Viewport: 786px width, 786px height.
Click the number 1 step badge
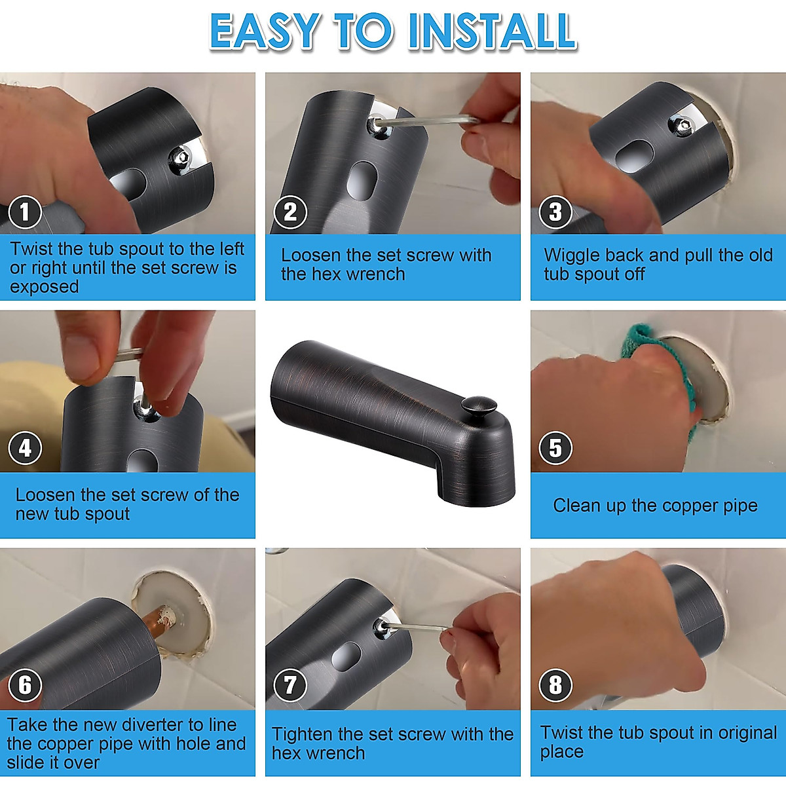pyautogui.click(x=25, y=212)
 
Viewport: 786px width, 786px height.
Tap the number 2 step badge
pyautogui.click(x=290, y=212)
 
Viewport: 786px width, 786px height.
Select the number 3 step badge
pyautogui.click(x=555, y=212)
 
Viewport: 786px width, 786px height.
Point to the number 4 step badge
pyautogui.click(x=25, y=448)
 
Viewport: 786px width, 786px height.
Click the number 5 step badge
pyautogui.click(x=555, y=448)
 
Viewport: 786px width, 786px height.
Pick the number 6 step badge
pyautogui.click(x=25, y=685)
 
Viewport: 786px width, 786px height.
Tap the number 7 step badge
pyautogui.click(x=290, y=685)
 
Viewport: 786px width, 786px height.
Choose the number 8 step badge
pyautogui.click(x=555, y=685)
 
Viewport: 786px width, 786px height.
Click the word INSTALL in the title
pyautogui.click(x=493, y=31)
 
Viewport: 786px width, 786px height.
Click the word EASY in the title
pyautogui.click(x=263, y=31)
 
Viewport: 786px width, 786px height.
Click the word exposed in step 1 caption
pyautogui.click(x=44, y=287)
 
